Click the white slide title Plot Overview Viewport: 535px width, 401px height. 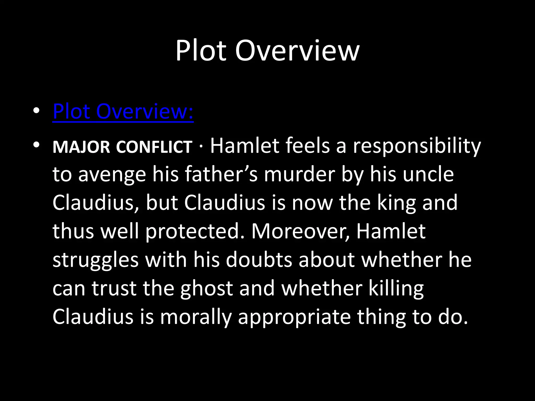click(x=267, y=51)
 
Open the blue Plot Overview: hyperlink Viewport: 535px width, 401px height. click(x=123, y=111)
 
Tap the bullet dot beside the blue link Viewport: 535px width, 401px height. click(x=36, y=111)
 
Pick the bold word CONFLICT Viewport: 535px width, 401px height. click(x=154, y=147)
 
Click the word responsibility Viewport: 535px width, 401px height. click(x=417, y=146)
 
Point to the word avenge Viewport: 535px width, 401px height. click(x=112, y=175)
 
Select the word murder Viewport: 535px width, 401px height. click(x=299, y=174)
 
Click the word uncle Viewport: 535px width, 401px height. click(x=428, y=174)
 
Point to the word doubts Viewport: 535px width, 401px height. click(x=259, y=260)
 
